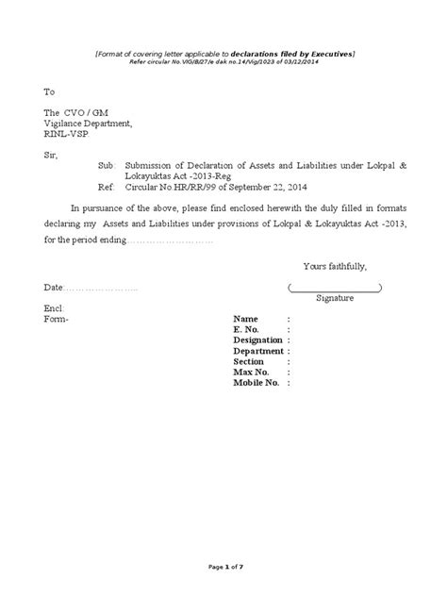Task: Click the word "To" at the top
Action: coord(50,92)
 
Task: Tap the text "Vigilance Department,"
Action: coord(89,124)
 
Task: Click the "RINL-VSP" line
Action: coord(65,135)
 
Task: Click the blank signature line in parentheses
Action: coord(335,288)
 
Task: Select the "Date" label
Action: coord(54,287)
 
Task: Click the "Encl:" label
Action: coord(54,309)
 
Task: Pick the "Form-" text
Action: coord(58,320)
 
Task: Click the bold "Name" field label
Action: coord(245,320)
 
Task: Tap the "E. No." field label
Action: coord(247,330)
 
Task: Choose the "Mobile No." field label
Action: coord(257,383)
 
